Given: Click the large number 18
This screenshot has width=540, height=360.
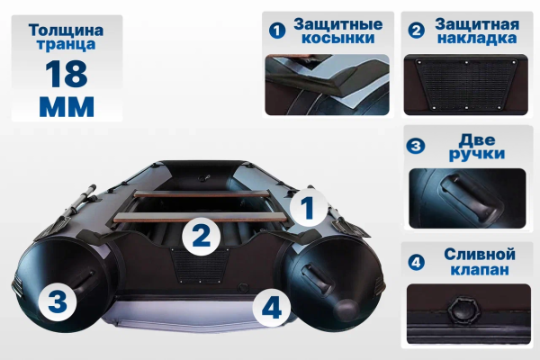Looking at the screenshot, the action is point(66,74).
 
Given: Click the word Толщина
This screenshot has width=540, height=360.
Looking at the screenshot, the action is point(66,31).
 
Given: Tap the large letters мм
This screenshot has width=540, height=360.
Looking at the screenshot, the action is point(67,106).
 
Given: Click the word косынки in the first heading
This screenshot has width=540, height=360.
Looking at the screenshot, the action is point(337,38).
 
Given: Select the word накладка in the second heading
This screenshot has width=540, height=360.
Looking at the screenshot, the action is point(477,38).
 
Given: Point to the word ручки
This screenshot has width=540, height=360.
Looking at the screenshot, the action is point(477,154).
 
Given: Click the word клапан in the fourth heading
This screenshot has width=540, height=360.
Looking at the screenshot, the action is point(480,269).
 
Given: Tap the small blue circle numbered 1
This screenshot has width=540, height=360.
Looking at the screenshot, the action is point(277,31).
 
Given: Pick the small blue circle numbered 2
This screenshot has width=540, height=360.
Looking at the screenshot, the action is point(417,31).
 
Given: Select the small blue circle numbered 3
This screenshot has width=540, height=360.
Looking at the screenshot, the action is point(416,146).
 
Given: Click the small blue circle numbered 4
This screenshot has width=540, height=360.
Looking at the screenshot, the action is point(417,262).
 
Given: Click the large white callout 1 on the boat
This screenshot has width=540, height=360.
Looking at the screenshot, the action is point(308,208).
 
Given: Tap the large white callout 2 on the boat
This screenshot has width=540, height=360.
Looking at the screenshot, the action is point(201,237).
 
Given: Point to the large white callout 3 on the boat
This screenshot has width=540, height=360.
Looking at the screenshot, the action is point(58,301).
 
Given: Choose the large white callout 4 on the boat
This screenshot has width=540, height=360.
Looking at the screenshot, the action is point(272,308).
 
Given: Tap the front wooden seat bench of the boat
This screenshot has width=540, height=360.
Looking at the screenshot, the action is point(201,218).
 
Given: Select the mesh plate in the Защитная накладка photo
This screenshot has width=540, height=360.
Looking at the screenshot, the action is point(465,85).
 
